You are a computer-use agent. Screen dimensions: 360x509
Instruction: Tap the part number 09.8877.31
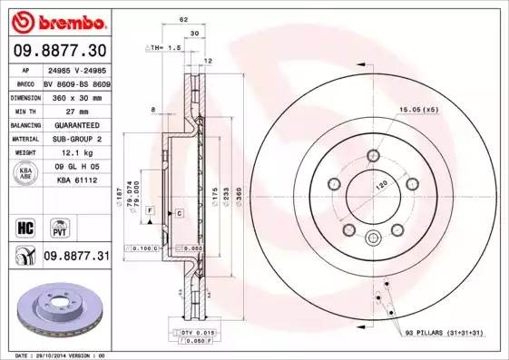[x=75, y=257]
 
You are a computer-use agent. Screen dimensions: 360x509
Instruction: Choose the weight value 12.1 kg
[x=75, y=153]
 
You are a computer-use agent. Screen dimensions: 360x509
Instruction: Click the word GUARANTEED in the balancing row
[x=75, y=123]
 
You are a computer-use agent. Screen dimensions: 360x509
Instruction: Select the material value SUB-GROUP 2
[x=75, y=139]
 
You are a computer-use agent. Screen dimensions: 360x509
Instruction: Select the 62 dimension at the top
[x=182, y=18]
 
